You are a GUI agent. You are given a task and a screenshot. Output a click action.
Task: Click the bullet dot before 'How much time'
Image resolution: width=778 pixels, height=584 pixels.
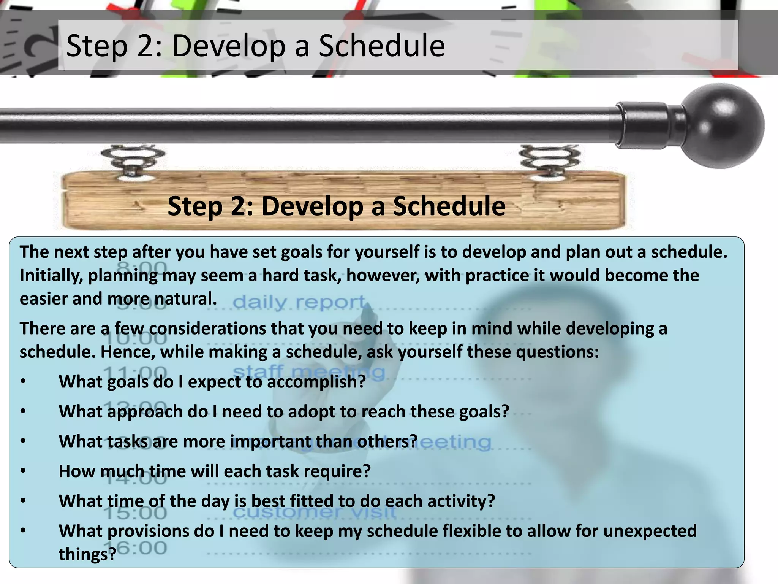24,471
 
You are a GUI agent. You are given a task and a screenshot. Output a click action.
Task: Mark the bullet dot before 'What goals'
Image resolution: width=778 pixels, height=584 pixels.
24,381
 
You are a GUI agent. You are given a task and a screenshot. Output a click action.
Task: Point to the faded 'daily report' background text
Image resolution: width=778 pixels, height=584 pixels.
299,303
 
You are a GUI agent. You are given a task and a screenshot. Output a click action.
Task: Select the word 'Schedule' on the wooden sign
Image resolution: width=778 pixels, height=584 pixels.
449,206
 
